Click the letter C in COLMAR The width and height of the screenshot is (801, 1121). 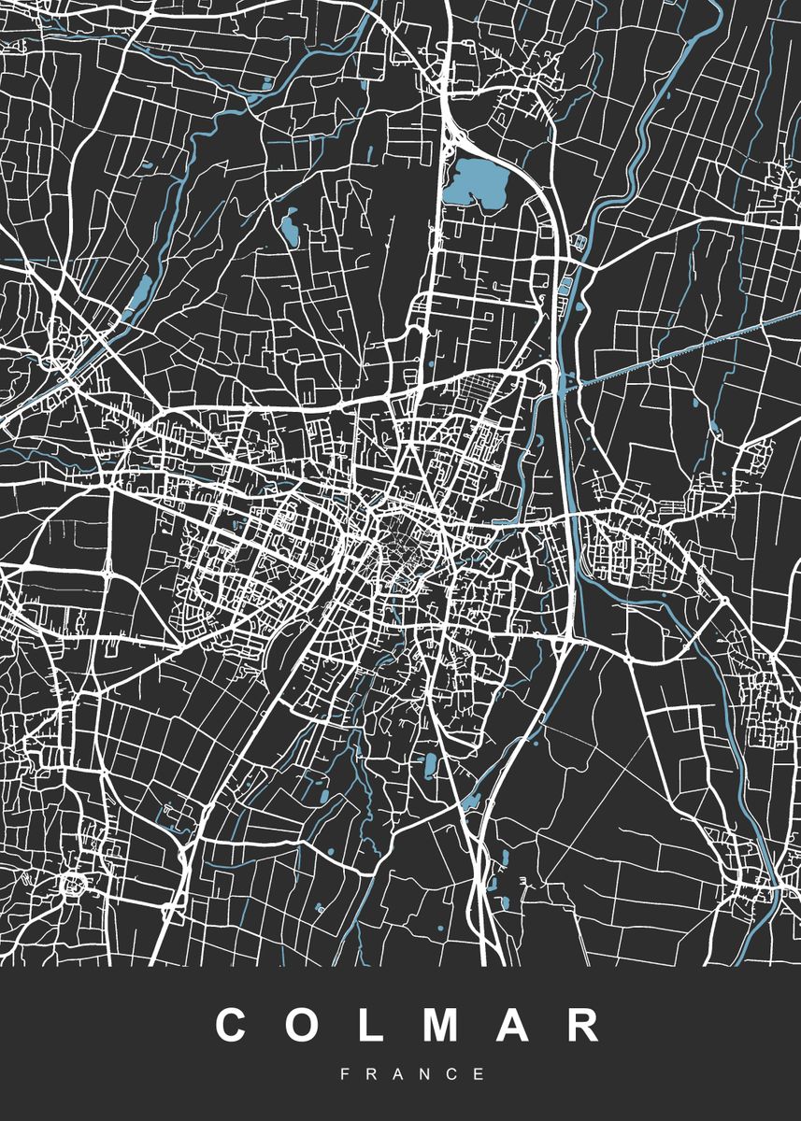tap(236, 1025)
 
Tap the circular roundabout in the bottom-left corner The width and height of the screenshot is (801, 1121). tap(72, 882)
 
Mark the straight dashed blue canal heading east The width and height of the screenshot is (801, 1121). tap(692, 350)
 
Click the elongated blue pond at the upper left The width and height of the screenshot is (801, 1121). tap(140, 294)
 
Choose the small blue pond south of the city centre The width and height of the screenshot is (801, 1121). tap(430, 766)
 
